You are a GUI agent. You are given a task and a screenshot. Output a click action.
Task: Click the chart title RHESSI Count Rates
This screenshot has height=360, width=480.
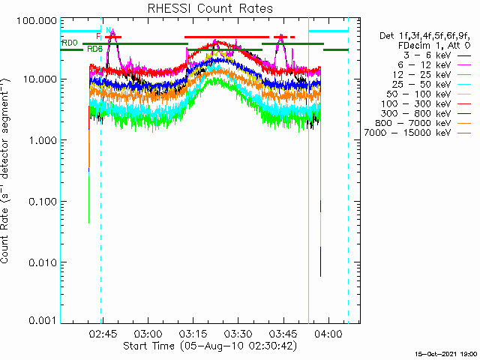(x=210, y=8)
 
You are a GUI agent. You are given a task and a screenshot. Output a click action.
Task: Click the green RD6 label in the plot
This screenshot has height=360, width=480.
(x=94, y=49)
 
